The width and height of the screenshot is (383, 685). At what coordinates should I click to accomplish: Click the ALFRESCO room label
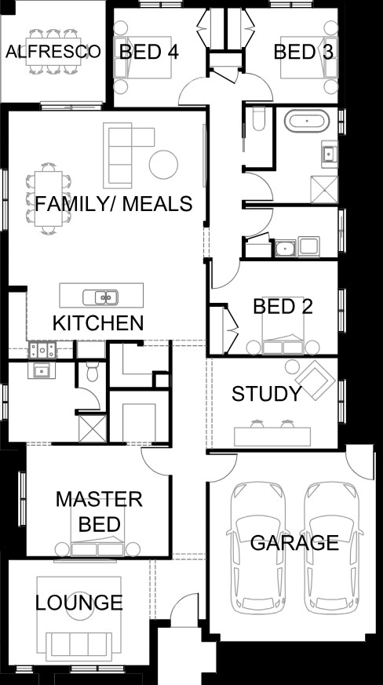tap(53, 52)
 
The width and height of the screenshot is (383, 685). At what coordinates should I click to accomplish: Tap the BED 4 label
tap(148, 52)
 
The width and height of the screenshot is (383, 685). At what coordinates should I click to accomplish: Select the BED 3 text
tap(304, 52)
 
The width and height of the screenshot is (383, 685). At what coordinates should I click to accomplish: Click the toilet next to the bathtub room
tap(258, 120)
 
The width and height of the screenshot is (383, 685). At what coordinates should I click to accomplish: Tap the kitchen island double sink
tap(100, 297)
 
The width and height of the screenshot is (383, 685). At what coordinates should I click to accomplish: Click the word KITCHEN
tap(98, 323)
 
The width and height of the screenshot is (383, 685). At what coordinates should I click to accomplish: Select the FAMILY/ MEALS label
tap(114, 204)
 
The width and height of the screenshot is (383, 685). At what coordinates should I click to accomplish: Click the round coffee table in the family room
tap(163, 164)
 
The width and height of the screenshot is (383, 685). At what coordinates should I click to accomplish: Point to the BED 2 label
tap(283, 307)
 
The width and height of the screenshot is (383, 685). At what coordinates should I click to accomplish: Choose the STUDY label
tap(267, 394)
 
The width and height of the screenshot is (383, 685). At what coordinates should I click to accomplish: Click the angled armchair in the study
tap(316, 380)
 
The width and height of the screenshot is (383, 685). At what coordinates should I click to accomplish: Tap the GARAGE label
tap(294, 542)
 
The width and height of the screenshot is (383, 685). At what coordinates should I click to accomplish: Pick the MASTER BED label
tap(99, 512)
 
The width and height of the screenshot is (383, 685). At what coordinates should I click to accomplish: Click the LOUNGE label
tap(78, 603)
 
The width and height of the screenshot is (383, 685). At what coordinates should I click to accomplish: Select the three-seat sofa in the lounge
tap(78, 647)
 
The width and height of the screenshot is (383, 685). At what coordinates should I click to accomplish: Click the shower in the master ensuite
tap(93, 428)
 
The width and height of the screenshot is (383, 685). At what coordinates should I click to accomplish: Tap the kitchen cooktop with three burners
tap(42, 351)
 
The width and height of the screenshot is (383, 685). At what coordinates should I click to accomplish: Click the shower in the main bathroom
tap(324, 190)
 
